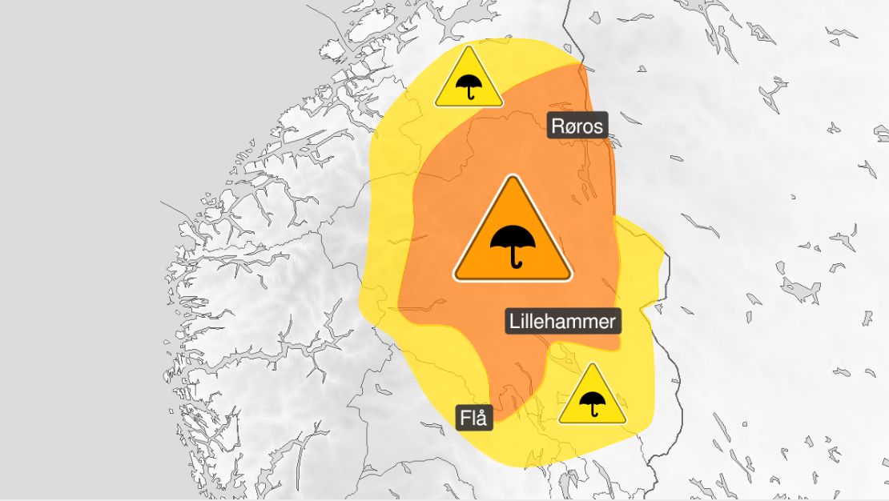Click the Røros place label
(577, 126)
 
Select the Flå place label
(474, 418)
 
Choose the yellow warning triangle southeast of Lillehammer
(592, 398)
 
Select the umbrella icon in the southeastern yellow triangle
(592, 402)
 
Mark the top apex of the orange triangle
(513, 178)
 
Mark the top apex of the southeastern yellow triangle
(592, 365)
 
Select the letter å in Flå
(483, 418)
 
